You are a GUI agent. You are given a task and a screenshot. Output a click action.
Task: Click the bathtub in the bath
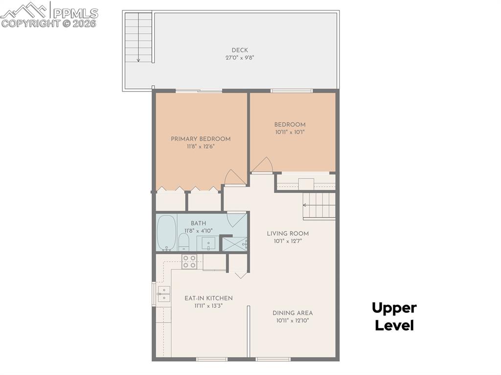point(166,233)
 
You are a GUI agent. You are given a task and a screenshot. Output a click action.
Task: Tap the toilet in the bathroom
point(183,242)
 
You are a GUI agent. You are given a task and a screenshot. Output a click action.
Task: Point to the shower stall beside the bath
point(235,243)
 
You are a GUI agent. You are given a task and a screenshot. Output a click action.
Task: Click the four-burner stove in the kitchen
point(189,262)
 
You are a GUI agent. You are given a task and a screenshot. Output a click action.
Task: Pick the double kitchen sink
point(163,293)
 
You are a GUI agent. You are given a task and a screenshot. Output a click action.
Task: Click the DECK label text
point(240,50)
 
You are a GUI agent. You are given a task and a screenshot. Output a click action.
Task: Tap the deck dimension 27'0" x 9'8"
point(240,57)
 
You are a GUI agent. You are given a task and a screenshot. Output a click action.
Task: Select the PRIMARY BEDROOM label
point(201,139)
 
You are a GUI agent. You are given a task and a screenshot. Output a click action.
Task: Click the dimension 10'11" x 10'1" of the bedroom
point(290,132)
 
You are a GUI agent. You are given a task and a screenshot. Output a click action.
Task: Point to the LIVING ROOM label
point(288,233)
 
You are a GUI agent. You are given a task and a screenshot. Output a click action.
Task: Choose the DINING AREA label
point(293,313)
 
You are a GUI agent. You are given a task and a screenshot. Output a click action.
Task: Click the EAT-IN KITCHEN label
point(208,298)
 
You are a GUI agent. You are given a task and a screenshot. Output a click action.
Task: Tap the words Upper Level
point(394,316)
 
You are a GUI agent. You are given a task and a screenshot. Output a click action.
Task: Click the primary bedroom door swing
point(234,177)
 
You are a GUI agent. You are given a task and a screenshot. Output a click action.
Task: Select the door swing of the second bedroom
point(263,165)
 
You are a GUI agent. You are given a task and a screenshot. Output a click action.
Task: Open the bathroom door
point(236,219)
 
